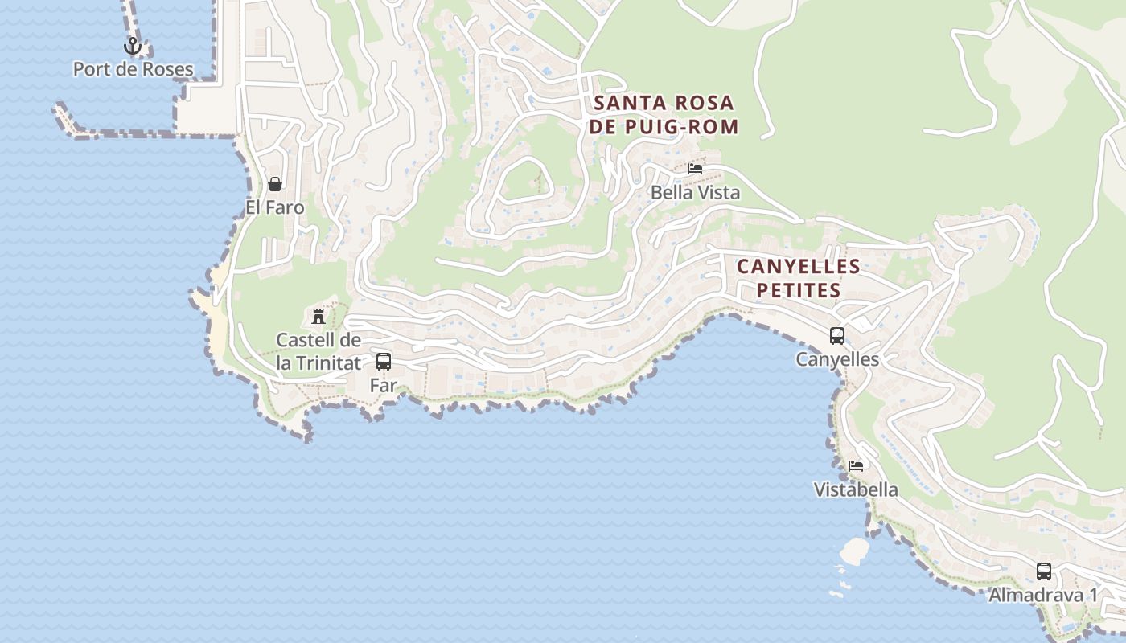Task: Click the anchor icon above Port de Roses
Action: tap(133, 47)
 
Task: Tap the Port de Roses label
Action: tap(134, 69)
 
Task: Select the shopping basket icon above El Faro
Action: tap(275, 184)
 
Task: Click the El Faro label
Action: tap(275, 207)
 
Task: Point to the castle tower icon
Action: tap(318, 314)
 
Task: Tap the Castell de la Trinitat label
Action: tap(318, 351)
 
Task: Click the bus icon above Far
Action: tap(384, 362)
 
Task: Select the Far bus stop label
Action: tap(384, 385)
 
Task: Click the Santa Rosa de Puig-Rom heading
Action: tap(664, 115)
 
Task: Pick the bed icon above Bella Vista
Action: tap(695, 169)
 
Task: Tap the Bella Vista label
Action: tap(695, 193)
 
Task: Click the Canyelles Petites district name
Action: tap(799, 278)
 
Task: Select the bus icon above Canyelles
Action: tap(837, 336)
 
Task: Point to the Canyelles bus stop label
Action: tap(837, 359)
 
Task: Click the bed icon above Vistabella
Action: tap(856, 466)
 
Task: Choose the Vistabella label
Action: tap(856, 489)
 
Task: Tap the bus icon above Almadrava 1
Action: tap(1044, 571)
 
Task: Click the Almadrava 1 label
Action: tap(1043, 595)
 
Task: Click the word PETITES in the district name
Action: tap(799, 290)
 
